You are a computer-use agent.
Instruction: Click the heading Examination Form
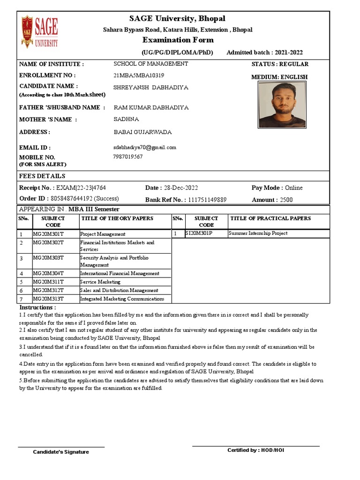(178, 40)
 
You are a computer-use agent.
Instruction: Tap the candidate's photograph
(282, 105)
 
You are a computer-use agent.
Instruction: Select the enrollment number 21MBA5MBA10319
(139, 75)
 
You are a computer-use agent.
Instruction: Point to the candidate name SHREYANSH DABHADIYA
(151, 88)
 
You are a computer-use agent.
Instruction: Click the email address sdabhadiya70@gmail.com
(145, 147)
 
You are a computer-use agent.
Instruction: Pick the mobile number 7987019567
(128, 157)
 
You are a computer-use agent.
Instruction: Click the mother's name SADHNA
(126, 120)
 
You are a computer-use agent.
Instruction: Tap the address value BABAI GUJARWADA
(143, 132)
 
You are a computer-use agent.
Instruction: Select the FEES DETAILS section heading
(42, 176)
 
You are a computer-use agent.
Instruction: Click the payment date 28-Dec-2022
(181, 188)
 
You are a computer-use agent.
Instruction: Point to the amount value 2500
(286, 200)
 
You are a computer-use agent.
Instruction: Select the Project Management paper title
(103, 234)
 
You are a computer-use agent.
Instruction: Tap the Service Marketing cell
(100, 282)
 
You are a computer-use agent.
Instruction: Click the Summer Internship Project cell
(258, 233)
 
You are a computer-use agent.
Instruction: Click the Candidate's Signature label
(60, 452)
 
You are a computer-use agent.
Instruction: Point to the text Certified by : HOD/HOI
(255, 450)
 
